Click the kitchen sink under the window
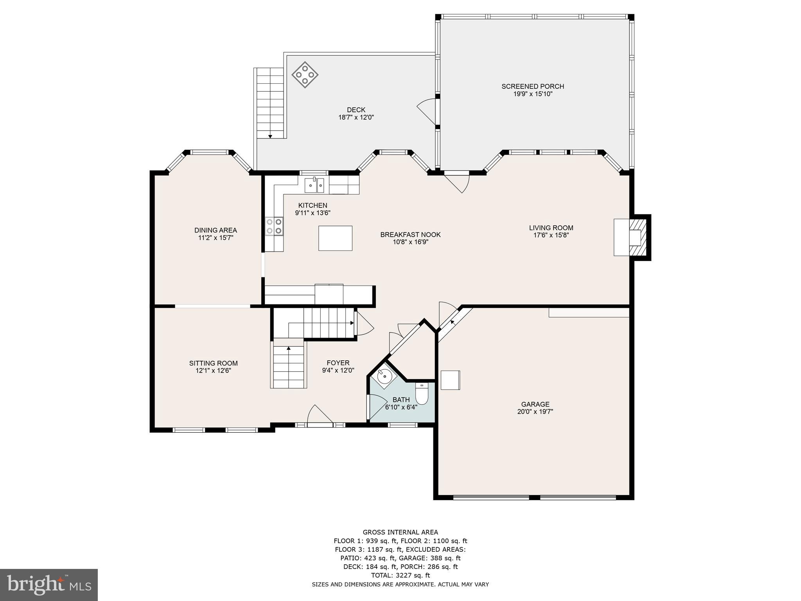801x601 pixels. [314, 185]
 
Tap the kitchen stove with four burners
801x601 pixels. [274, 227]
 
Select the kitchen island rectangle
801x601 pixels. [335, 238]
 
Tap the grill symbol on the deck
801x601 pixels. [305, 74]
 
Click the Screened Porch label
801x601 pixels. [533, 86]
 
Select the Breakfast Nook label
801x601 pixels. [410, 235]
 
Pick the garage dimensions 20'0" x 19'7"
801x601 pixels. [535, 412]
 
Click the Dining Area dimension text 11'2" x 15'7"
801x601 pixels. [216, 238]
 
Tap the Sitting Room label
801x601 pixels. [213, 363]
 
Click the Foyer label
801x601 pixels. [338, 363]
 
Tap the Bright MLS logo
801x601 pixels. [48, 585]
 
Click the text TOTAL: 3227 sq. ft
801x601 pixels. [400, 575]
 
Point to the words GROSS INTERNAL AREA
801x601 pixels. [400, 532]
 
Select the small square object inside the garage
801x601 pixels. [450, 380]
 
